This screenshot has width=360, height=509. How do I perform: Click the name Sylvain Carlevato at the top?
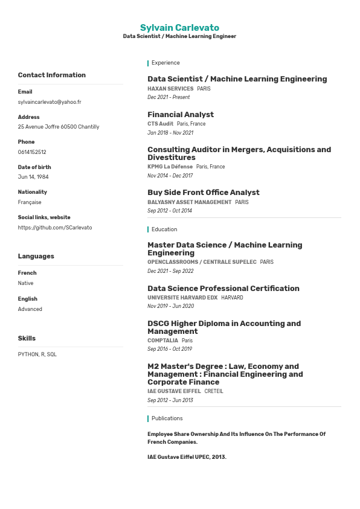179,28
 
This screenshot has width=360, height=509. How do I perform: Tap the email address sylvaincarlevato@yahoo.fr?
50,102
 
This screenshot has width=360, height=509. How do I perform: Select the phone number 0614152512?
32,152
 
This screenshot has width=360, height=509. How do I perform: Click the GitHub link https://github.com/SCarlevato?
55,228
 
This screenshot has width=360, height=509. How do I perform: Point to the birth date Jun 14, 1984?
33,177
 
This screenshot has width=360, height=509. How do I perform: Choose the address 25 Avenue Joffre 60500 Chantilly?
59,127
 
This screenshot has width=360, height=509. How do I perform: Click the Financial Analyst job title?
181,115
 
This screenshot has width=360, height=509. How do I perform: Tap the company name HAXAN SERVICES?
170,89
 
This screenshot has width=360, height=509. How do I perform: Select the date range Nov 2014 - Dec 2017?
170,176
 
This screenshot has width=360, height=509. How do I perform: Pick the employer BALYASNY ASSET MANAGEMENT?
189,202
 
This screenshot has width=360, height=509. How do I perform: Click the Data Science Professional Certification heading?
223,289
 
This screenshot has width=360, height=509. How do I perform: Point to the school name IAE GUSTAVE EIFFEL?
174,391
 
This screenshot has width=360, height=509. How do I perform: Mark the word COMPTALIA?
162,341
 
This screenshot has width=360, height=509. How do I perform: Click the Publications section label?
167,418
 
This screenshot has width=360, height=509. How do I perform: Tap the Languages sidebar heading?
36,257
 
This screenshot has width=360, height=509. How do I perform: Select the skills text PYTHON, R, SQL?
37,354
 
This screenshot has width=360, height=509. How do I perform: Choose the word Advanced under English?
30,309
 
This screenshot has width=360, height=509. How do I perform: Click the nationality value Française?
30,202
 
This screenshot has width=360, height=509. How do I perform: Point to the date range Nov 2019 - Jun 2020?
170,306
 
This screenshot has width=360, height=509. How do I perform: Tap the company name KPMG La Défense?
170,167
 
